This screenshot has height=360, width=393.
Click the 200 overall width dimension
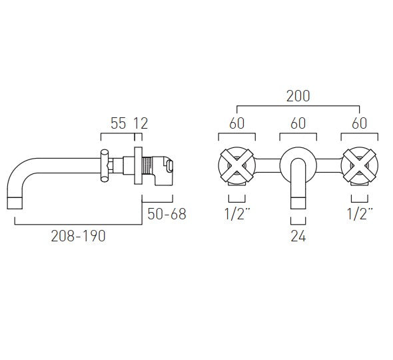[x=298, y=96]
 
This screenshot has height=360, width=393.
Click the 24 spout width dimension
[x=298, y=236]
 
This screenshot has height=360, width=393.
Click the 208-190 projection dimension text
[x=78, y=236]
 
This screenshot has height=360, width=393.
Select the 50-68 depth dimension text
[x=167, y=214]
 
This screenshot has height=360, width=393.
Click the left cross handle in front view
[x=236, y=167]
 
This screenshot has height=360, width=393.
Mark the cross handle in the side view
[x=105, y=165]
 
